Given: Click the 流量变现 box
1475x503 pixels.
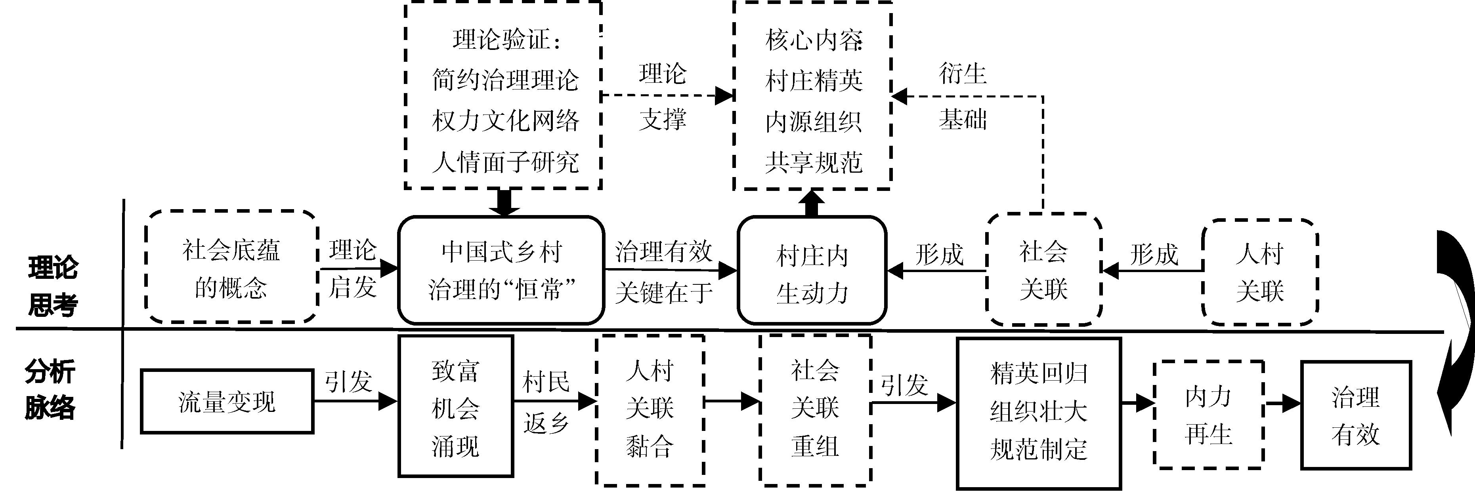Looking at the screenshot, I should point(227,402).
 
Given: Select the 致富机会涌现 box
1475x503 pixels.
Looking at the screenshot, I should point(455,406).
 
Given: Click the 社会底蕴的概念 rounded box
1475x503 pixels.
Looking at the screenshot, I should point(231,268).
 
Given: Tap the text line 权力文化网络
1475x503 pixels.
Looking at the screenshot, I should point(505,121).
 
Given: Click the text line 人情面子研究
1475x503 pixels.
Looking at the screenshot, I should point(505,162).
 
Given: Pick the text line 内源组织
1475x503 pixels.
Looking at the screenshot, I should point(813,121).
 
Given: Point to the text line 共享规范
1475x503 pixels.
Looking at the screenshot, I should point(813,162).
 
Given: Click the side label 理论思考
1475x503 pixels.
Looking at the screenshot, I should point(53,286).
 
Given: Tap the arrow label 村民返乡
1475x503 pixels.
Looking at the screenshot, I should point(546,403).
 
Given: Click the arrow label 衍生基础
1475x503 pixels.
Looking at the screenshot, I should point(963,96).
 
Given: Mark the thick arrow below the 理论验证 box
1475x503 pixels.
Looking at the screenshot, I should point(504,202).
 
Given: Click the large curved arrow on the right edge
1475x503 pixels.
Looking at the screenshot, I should point(1454,332).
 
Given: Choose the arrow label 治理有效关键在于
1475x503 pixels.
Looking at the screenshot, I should point(664,272).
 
